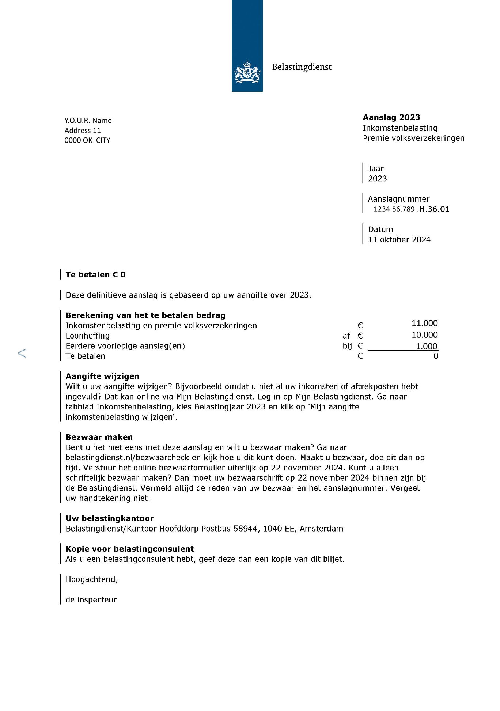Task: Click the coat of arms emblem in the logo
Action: click(247, 72)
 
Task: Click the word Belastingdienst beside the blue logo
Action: click(302, 67)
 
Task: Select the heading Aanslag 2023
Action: click(391, 117)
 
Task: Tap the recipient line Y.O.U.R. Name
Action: click(88, 121)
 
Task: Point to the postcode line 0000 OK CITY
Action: click(87, 140)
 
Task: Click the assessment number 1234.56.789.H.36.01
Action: click(411, 209)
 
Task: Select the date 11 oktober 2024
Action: click(399, 240)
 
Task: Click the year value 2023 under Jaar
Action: click(377, 179)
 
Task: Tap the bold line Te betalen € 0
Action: click(95, 275)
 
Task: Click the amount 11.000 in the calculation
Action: click(424, 323)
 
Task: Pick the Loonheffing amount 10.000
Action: click(424, 335)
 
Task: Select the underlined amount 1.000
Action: click(426, 346)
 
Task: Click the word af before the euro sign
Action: click(346, 336)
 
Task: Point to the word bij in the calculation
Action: click(347, 346)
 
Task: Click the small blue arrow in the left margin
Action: click(22, 353)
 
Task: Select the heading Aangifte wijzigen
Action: click(102, 377)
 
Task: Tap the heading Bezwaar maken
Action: click(99, 438)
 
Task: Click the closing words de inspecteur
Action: click(91, 600)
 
